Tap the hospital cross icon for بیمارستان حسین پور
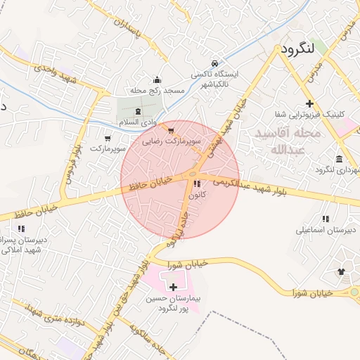tap(174, 286)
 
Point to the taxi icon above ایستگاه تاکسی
tap(215, 62)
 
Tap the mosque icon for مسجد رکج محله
tap(156, 79)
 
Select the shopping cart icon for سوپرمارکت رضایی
tap(170, 130)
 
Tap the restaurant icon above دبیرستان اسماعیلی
tap(325, 219)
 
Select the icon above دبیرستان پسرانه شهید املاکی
tap(21, 228)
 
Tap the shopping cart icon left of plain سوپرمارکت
tap(108, 138)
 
